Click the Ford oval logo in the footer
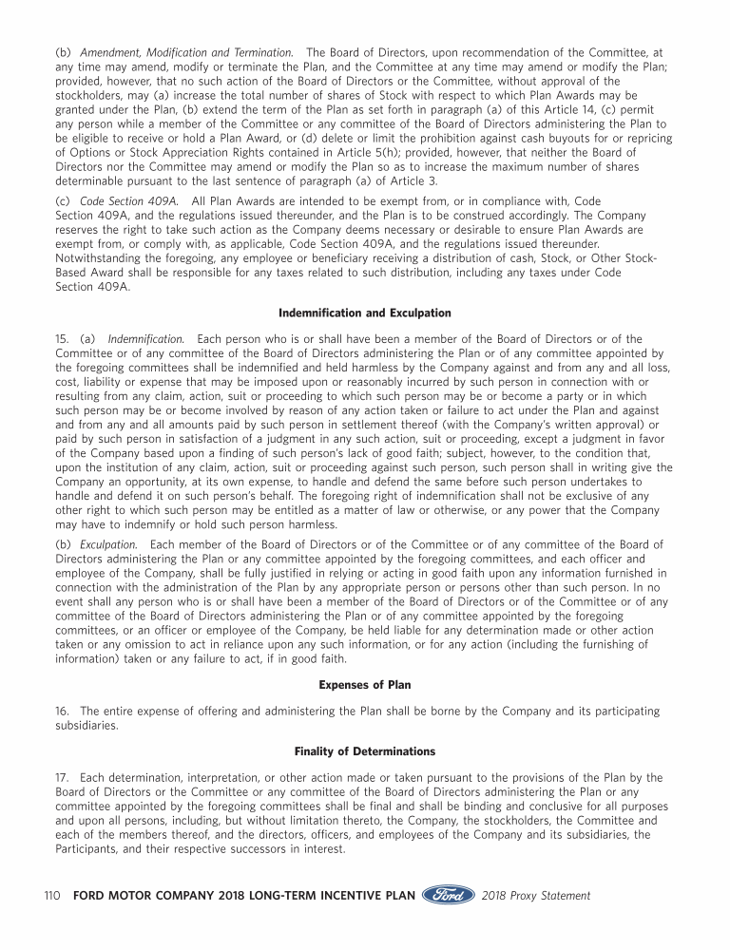pyautogui.click(x=449, y=895)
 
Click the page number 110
pyautogui.click(x=53, y=896)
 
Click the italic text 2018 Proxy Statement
pyautogui.click(x=536, y=896)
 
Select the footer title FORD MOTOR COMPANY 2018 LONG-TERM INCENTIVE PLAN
pyautogui.click(x=244, y=896)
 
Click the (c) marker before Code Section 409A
pyautogui.click(x=64, y=201)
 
